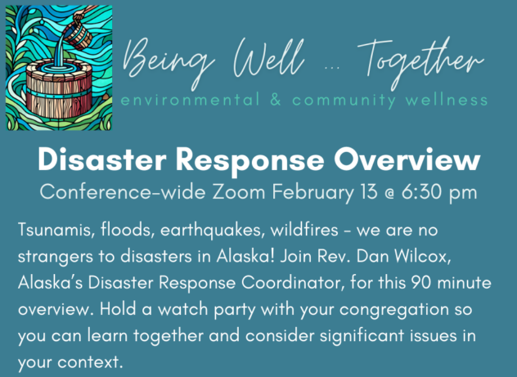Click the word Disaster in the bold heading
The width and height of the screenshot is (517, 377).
[102, 159]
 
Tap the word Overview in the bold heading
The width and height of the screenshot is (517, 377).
[407, 159]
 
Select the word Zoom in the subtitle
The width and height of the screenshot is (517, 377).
[238, 192]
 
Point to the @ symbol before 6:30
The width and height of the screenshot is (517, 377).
[389, 194]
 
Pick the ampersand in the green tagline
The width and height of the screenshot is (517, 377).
[276, 100]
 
